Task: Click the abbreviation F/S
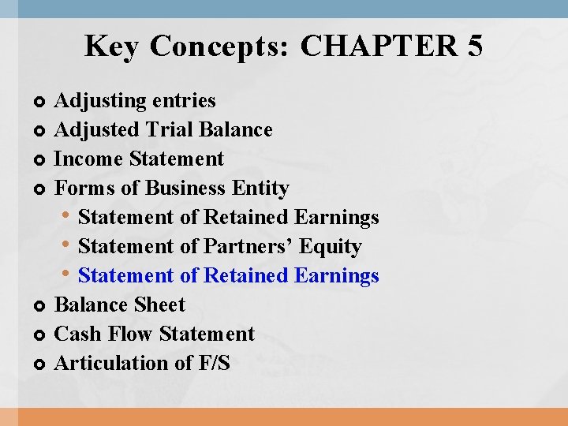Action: (208, 364)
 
